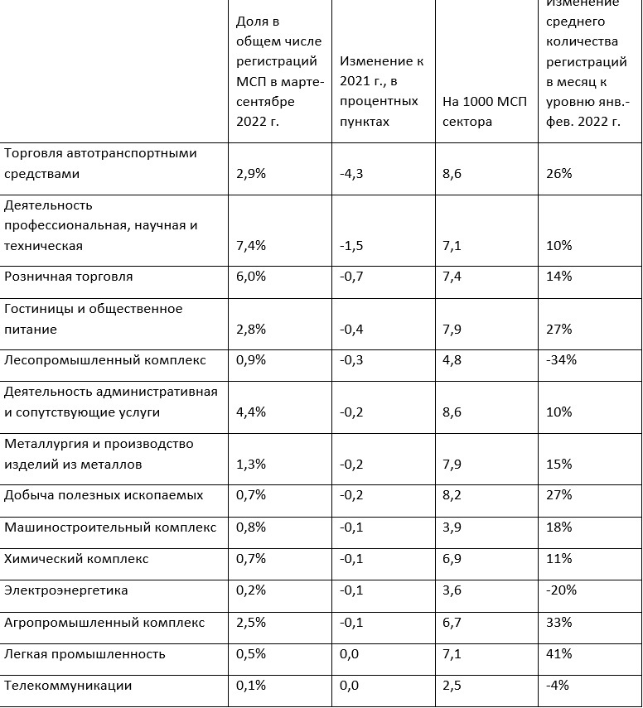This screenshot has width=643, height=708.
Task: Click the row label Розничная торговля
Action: coord(69,277)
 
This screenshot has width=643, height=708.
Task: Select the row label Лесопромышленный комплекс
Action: coord(105,360)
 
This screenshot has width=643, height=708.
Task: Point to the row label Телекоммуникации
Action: coord(68,686)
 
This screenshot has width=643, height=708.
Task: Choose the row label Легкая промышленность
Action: coord(85,654)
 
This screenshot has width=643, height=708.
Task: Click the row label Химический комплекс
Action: coord(77,559)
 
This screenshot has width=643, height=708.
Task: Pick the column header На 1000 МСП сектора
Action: coord(480,111)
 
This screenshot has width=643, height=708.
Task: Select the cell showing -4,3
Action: coord(352,174)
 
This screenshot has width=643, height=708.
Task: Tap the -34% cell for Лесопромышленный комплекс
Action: coord(561,360)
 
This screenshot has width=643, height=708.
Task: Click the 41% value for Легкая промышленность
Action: coord(559,654)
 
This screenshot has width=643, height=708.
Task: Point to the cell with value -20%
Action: coord(561,590)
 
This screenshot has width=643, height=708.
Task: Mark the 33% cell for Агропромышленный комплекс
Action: coord(559,623)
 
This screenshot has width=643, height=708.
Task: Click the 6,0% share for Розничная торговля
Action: coord(251,277)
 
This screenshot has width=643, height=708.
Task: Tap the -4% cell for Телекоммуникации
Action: coord(558,686)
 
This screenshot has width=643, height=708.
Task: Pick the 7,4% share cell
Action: coord(251,246)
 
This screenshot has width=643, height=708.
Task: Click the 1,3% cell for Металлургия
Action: coord(251,465)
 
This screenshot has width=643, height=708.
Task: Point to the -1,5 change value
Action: coord(352,246)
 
